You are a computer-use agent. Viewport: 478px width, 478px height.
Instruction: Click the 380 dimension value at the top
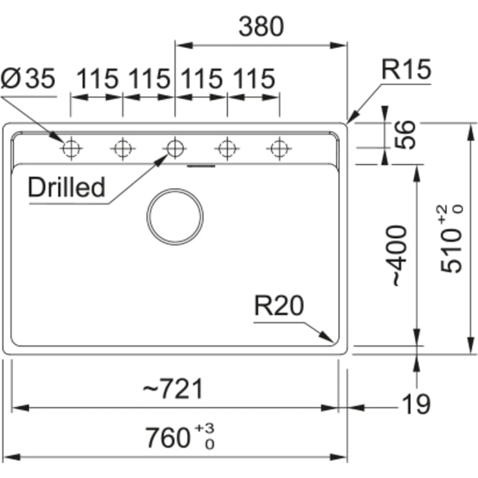click(x=261, y=27)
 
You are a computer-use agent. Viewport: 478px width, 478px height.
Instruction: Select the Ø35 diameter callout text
click(x=28, y=78)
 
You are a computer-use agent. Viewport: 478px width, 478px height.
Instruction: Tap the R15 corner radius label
click(x=406, y=70)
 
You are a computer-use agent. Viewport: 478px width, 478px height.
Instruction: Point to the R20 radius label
click(x=279, y=306)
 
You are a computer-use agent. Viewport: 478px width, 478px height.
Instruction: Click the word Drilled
click(x=66, y=187)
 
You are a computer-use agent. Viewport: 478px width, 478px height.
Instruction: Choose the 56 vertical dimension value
click(x=405, y=135)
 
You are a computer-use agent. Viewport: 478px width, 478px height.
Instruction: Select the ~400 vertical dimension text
click(x=400, y=256)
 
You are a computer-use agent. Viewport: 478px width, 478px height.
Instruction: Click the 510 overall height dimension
click(x=451, y=239)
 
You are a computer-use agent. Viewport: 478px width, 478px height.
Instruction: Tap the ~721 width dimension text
click(x=173, y=389)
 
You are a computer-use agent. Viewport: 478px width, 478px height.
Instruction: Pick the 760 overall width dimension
click(x=180, y=438)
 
